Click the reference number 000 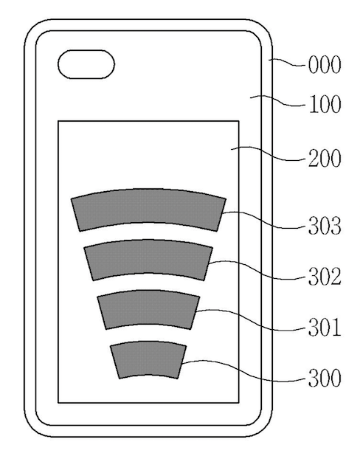(325, 64)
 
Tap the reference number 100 (325, 104)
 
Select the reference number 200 (325, 158)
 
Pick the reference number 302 (325, 276)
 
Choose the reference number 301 (325, 327)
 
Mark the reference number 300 (325, 378)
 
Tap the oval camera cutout (86, 64)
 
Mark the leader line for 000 (288, 61)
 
